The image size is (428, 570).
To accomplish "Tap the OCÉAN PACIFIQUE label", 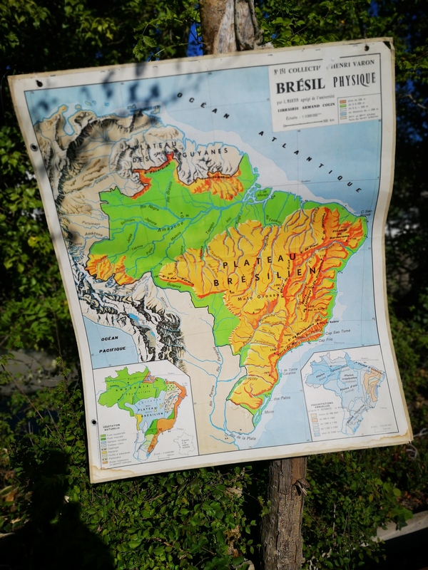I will click(112, 343).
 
